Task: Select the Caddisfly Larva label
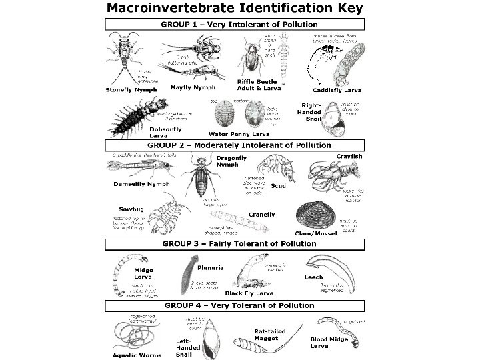click(x=337, y=89)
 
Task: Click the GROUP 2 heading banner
click(x=239, y=145)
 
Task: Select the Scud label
click(x=278, y=186)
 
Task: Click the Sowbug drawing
click(x=163, y=214)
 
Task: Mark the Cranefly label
click(x=262, y=214)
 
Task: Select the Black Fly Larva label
click(x=248, y=293)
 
